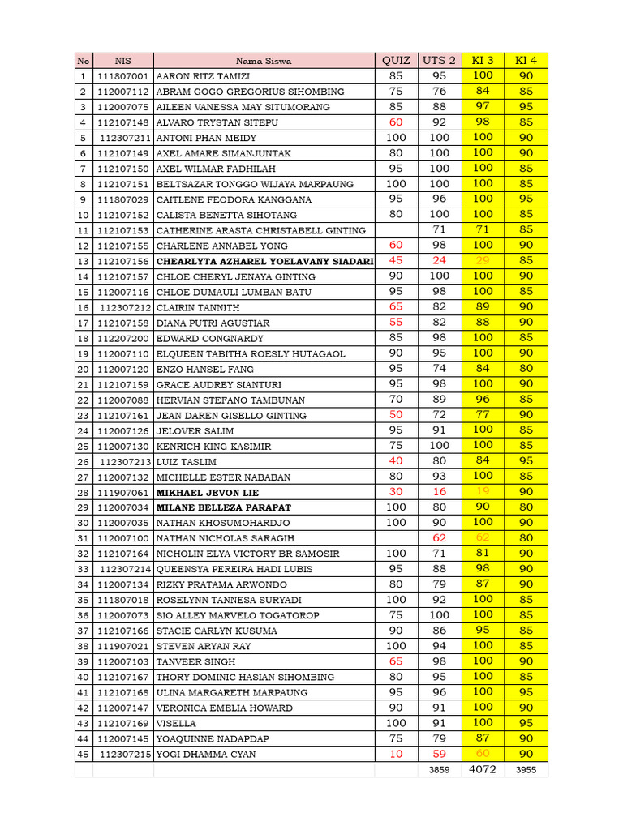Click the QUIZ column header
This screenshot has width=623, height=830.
pos(396,61)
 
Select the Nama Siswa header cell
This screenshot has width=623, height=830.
pos(264,61)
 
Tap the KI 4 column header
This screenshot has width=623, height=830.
pos(526,61)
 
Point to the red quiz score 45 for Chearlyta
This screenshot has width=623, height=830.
pos(396,261)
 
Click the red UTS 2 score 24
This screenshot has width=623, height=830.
pos(439,261)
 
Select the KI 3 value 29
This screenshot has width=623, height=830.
pos(483,261)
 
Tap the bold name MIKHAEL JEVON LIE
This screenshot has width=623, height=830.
pos(207,492)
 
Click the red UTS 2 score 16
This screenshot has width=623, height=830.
pos(439,492)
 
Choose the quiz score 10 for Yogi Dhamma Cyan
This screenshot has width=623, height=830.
pos(396,754)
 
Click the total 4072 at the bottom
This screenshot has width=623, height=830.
pos(483,769)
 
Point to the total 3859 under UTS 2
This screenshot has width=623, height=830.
pos(439,770)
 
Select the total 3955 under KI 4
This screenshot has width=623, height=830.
pos(526,770)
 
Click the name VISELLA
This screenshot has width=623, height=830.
pos(176,723)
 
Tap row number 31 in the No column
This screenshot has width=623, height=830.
pos(83,538)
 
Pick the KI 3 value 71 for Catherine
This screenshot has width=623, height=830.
pos(483,230)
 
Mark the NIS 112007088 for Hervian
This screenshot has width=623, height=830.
pos(122,400)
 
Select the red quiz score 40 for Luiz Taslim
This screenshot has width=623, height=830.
pos(396,461)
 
